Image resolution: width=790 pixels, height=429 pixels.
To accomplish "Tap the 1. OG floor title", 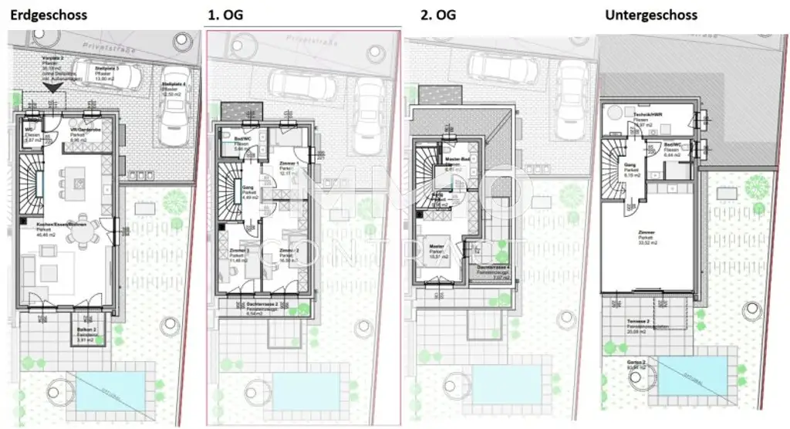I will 223,15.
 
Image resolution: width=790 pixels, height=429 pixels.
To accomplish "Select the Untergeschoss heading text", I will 651,15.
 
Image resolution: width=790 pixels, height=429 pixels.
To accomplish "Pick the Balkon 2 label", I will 86,333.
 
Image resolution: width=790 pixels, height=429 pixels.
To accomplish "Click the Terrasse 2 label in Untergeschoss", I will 636,326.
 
